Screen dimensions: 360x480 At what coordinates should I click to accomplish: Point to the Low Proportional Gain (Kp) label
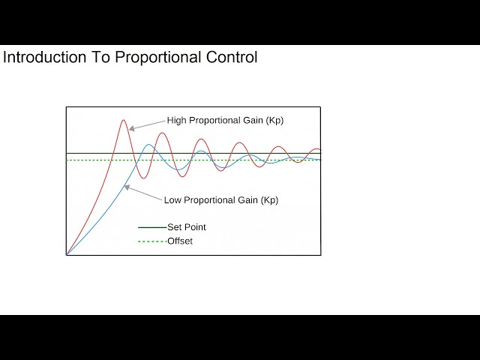(x=220, y=200)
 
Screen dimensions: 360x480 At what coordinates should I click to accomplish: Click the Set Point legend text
(x=186, y=227)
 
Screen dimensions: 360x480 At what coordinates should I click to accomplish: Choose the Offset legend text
(x=180, y=241)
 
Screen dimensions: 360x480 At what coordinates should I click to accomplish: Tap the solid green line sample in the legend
(x=152, y=227)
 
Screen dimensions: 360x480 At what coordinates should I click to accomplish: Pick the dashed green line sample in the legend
(x=152, y=241)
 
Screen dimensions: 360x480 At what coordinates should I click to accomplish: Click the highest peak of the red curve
(x=124, y=120)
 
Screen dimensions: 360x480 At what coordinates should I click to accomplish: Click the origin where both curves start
(x=67, y=255)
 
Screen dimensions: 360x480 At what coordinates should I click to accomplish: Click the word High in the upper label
(x=176, y=120)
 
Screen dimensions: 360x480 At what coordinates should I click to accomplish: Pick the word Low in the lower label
(x=172, y=200)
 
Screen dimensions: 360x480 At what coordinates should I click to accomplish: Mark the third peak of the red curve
(x=200, y=139)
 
